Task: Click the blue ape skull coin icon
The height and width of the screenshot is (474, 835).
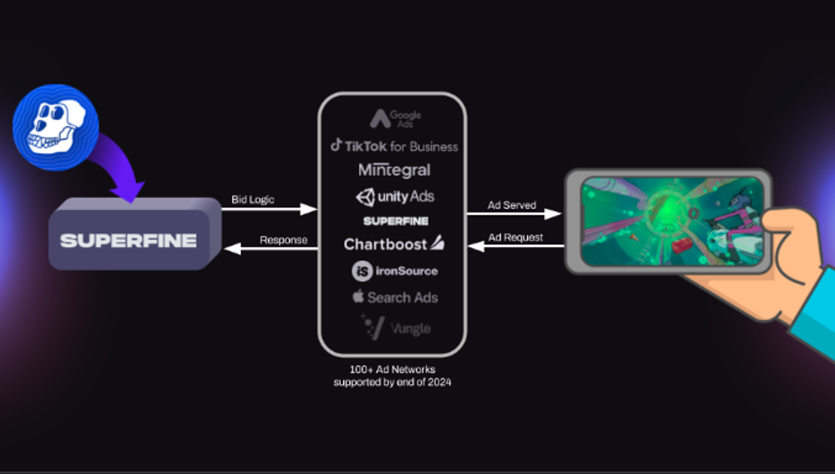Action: (x=56, y=127)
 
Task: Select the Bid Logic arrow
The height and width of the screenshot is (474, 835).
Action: (x=269, y=209)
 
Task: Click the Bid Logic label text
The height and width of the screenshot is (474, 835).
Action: (x=253, y=199)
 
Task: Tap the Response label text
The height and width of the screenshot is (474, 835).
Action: (x=283, y=240)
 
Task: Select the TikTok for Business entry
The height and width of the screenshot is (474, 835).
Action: (x=394, y=146)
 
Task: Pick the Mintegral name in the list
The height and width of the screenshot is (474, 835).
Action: (x=394, y=170)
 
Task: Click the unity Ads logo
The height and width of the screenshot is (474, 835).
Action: (x=395, y=197)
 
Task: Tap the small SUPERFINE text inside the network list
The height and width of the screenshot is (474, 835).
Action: (x=396, y=221)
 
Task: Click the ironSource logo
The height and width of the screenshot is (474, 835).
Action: (x=395, y=271)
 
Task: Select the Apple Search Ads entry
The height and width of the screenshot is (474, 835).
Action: (x=395, y=297)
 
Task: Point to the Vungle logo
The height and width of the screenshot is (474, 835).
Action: (x=396, y=328)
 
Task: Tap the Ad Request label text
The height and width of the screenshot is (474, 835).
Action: (x=515, y=237)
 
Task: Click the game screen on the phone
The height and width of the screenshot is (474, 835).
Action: (x=671, y=221)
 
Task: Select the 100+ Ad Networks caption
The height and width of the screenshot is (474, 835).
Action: (x=392, y=375)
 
